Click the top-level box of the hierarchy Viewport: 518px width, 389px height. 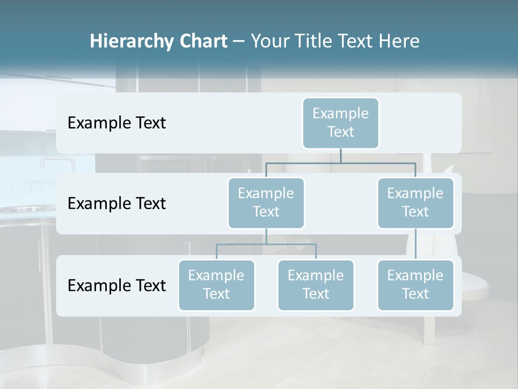click(340, 123)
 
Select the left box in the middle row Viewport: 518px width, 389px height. click(266, 203)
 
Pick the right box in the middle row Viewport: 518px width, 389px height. click(415, 203)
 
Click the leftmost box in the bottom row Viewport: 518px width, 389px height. click(216, 285)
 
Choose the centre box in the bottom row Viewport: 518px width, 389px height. click(316, 285)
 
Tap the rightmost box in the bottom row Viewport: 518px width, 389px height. click(415, 285)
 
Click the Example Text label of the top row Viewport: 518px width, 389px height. click(117, 123)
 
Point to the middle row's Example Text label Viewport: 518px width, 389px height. click(117, 204)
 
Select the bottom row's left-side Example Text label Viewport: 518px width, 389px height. click(117, 285)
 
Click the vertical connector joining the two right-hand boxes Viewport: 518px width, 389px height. click(415, 244)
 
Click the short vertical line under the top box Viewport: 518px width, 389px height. click(340, 156)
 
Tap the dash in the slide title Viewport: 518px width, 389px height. click(239, 42)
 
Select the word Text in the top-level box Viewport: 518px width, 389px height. click(340, 132)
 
